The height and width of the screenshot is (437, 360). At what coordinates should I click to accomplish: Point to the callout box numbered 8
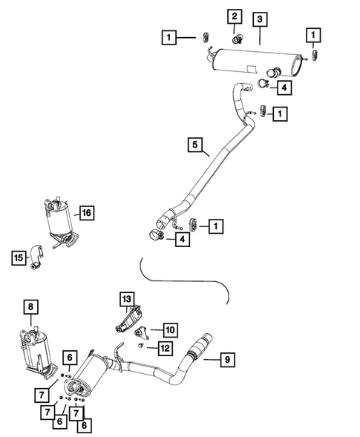coord(30,305)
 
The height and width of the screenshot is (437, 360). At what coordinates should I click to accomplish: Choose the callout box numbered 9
coord(229,361)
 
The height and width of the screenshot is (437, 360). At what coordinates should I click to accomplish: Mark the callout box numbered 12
coord(166,347)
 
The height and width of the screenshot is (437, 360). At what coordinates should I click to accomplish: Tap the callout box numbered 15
coord(19,257)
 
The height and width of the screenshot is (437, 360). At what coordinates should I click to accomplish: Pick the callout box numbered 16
coord(86,214)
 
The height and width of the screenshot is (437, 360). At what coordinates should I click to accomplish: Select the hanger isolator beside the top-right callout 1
coord(315,54)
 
